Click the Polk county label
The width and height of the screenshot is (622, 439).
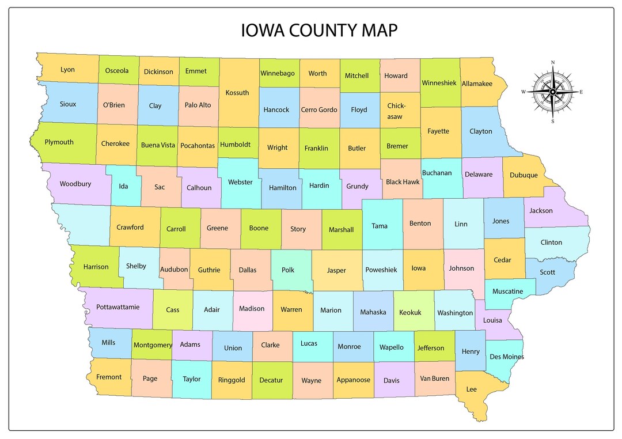point(288,270)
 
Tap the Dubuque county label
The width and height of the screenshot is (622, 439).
point(524,175)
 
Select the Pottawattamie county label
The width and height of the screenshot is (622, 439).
point(117,307)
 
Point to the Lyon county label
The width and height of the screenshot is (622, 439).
point(67,70)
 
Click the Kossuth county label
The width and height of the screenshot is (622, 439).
point(237,92)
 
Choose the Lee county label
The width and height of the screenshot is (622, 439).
point(471,389)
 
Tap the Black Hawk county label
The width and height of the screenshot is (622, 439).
point(403,182)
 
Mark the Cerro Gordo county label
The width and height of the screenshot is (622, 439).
point(319,109)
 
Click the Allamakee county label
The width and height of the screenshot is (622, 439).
point(477,84)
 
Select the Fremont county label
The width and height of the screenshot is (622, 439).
point(109,377)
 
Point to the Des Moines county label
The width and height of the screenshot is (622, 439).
point(507,357)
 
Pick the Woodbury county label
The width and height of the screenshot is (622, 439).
point(75,184)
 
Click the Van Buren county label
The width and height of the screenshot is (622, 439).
point(434,379)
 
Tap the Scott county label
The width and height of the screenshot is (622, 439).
point(548,272)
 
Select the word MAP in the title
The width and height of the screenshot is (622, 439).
point(377,30)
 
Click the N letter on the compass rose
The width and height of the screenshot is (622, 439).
point(553,62)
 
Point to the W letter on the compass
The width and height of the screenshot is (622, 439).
point(524,92)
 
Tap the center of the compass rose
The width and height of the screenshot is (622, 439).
point(553,92)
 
